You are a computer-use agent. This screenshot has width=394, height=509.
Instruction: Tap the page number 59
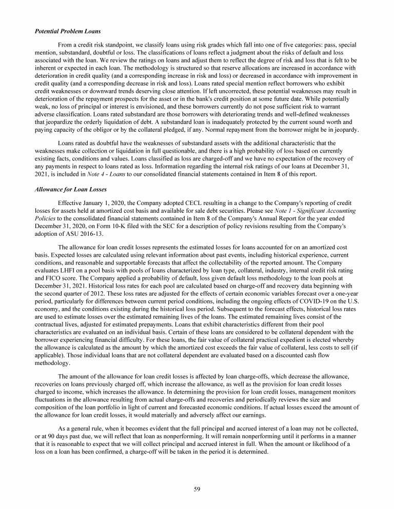[197, 489]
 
